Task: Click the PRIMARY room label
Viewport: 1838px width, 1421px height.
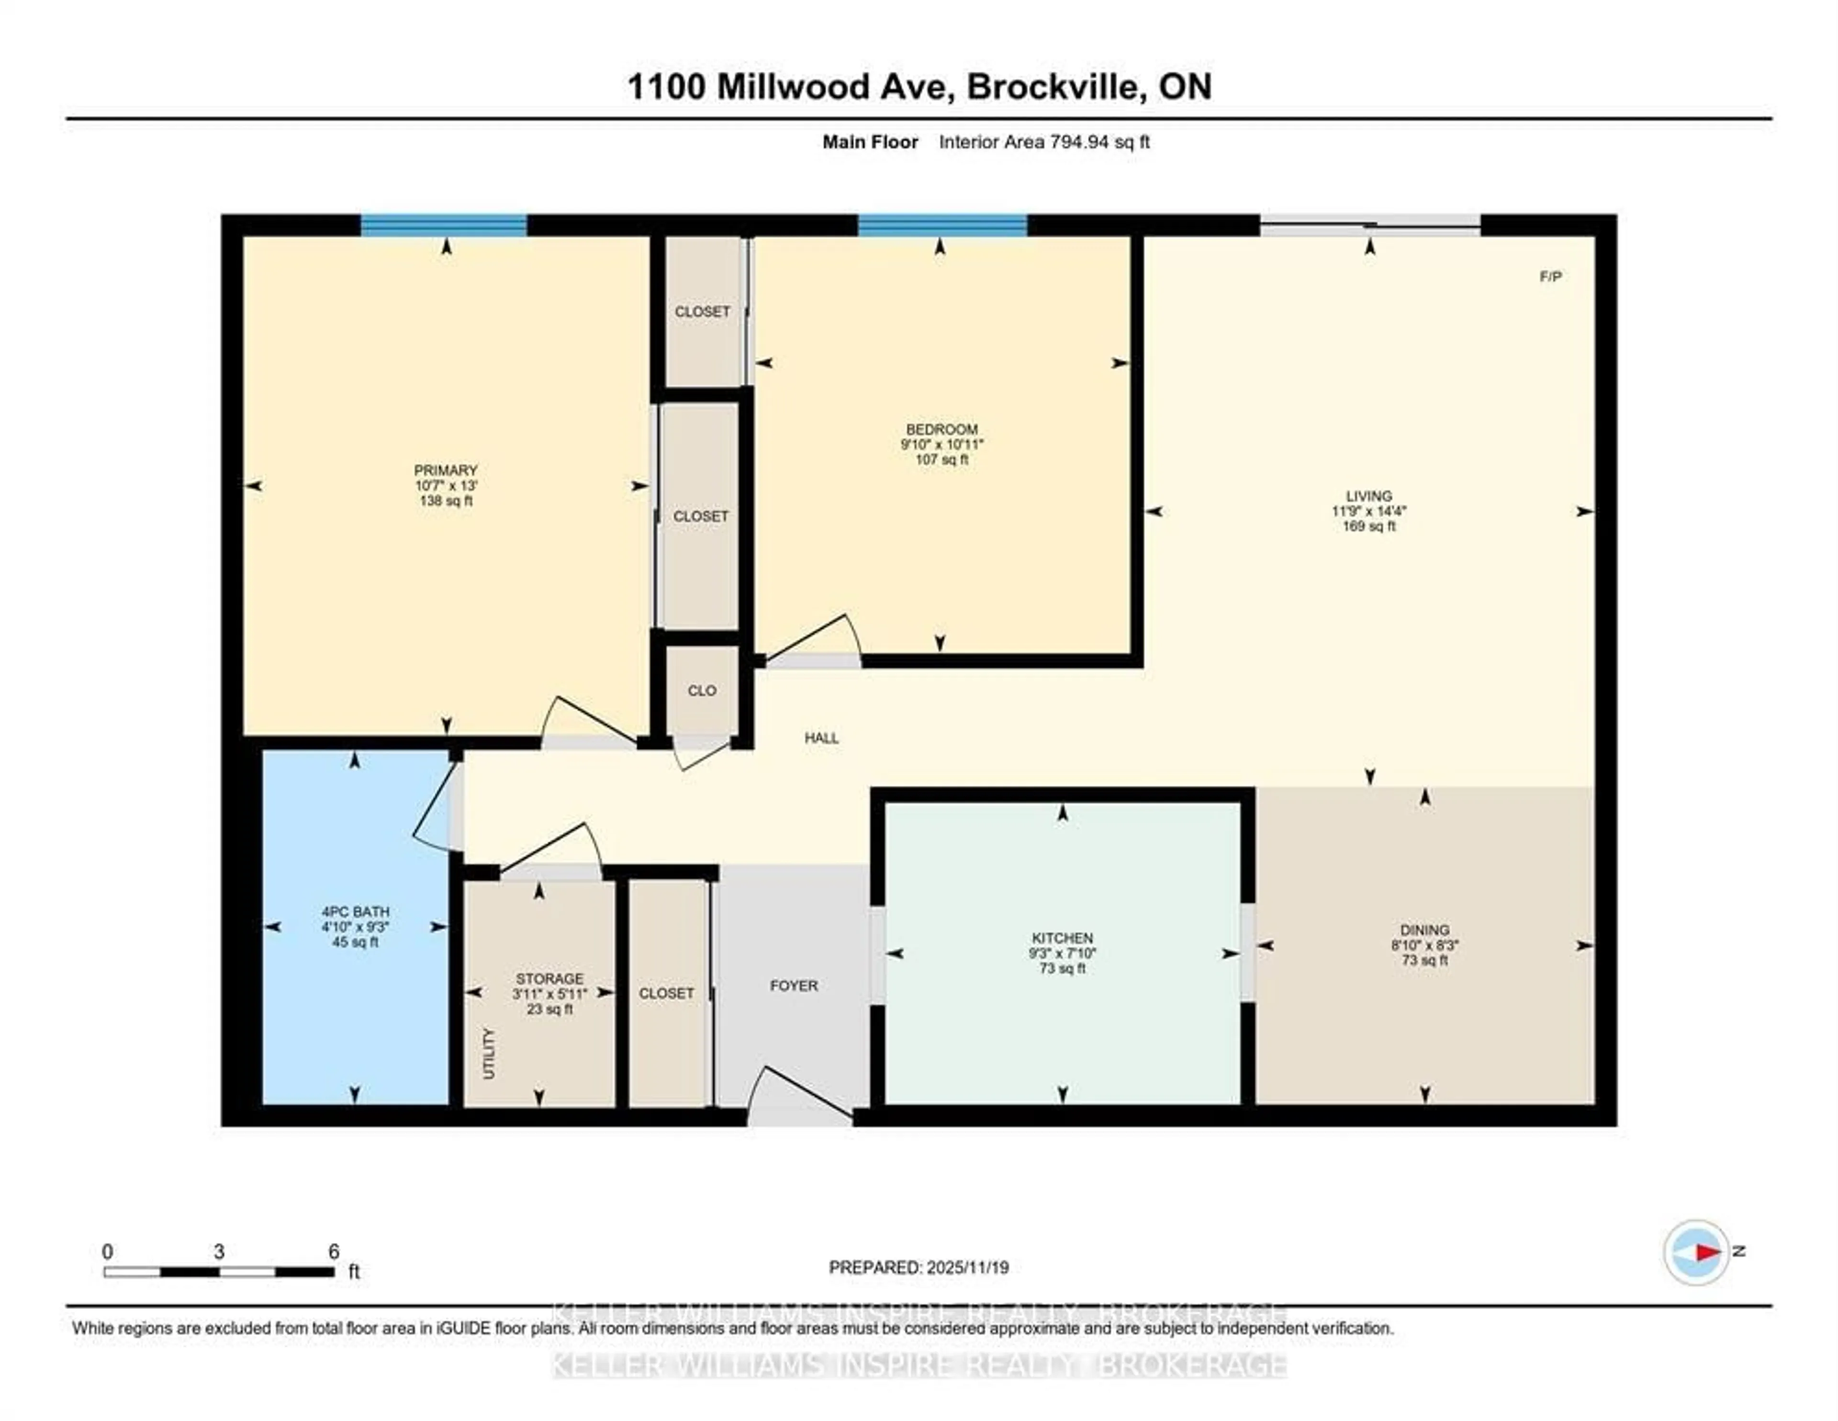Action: tap(445, 470)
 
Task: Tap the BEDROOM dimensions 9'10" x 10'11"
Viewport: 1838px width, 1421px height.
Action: tap(941, 444)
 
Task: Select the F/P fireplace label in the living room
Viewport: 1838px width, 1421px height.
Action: tap(1550, 277)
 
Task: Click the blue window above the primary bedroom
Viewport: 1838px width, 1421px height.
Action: tap(444, 225)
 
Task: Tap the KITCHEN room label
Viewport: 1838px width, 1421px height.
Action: tap(1062, 938)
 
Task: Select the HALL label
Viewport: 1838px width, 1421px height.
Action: tap(821, 738)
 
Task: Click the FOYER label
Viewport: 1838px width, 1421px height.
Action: tap(794, 985)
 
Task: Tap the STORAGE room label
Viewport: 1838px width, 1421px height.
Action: tap(549, 978)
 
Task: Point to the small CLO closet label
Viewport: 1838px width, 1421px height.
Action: tap(702, 691)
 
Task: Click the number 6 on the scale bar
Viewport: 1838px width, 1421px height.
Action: tap(333, 1251)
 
